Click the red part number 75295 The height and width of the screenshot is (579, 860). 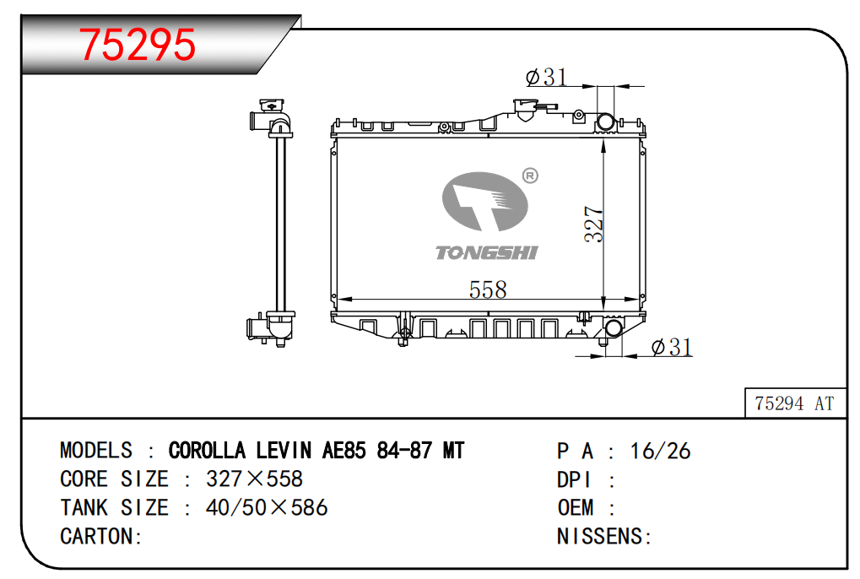click(137, 45)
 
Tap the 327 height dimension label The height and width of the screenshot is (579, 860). click(593, 224)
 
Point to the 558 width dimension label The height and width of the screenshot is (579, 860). click(488, 289)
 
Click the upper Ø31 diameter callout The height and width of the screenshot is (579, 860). click(546, 77)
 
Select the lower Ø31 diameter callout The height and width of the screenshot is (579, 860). click(672, 347)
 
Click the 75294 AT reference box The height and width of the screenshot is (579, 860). click(795, 403)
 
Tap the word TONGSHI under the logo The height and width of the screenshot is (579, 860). click(486, 252)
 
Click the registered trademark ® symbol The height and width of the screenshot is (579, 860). click(530, 176)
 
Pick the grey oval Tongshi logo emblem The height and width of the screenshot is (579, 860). click(484, 201)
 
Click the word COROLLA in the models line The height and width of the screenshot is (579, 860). click(207, 451)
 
